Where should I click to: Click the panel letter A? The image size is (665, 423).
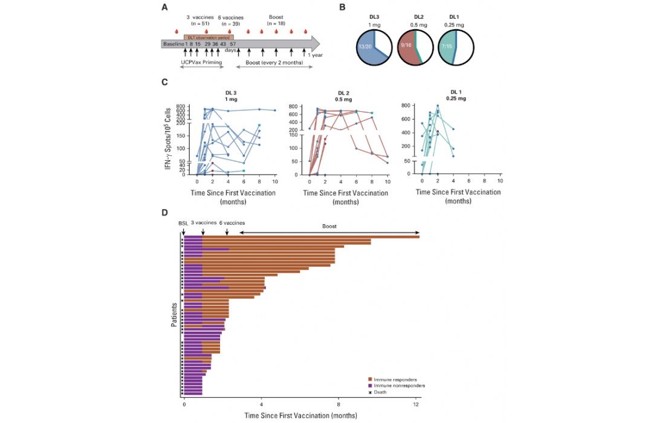coord(164,7)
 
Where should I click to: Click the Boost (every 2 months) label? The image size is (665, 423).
coord(274,61)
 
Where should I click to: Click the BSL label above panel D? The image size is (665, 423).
coord(183,223)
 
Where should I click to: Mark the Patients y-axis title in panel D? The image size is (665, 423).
coord(174,314)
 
